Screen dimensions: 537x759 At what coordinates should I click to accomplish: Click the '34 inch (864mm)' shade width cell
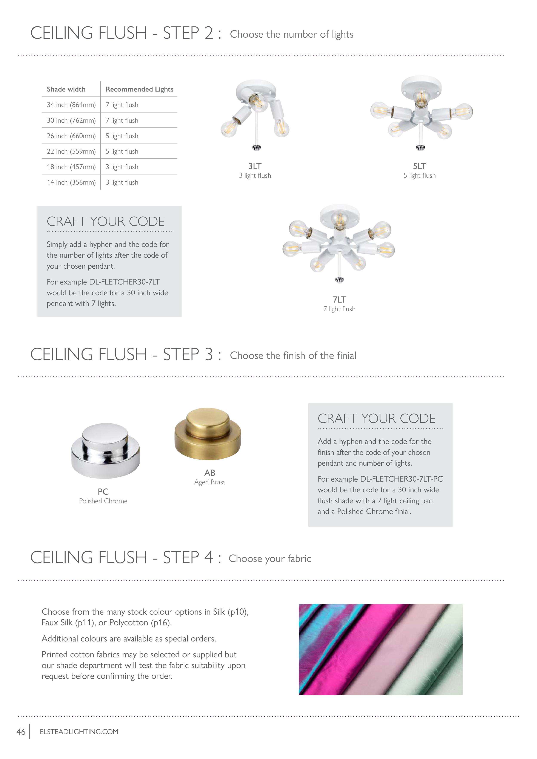[71, 105]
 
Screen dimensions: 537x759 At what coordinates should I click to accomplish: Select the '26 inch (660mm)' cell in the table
[71, 136]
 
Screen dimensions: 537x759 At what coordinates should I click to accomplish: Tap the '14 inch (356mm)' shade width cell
[71, 182]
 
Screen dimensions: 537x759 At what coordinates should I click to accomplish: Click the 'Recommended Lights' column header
[139, 89]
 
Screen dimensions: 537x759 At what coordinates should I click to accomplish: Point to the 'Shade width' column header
[66, 89]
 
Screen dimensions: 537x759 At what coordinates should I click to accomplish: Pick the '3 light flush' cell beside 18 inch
[122, 167]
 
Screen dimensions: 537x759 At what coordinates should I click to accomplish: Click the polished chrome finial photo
[105, 451]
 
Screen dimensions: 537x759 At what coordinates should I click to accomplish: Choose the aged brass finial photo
[208, 434]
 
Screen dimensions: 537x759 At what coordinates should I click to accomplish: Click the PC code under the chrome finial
[103, 491]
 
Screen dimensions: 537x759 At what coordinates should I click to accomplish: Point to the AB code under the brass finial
[210, 473]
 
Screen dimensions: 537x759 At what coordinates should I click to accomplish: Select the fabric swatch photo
[380, 650]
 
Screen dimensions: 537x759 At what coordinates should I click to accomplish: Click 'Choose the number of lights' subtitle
[291, 34]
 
